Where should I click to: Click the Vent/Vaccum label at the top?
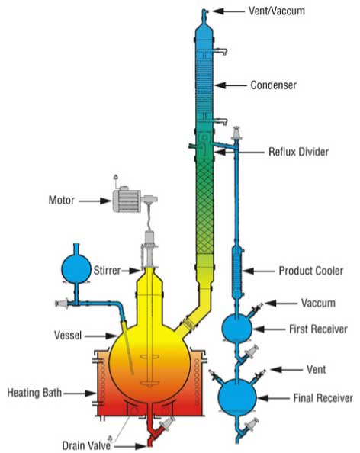(x=277, y=11)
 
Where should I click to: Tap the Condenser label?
(x=273, y=85)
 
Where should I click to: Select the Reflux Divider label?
(x=298, y=152)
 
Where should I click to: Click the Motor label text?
(x=61, y=201)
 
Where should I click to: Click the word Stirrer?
(x=107, y=271)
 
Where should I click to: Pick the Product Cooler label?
(x=311, y=271)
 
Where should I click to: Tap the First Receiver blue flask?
(x=237, y=328)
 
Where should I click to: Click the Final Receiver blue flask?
(x=237, y=397)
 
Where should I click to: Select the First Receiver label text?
(x=318, y=329)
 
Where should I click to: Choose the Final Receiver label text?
(x=323, y=398)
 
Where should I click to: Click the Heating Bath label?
(x=34, y=393)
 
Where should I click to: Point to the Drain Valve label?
(x=86, y=445)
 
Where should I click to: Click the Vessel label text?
(x=68, y=336)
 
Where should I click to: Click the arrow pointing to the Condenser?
(x=230, y=85)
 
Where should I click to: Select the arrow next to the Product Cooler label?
(x=259, y=271)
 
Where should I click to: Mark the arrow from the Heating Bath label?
(x=80, y=394)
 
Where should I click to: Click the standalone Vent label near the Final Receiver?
(x=316, y=370)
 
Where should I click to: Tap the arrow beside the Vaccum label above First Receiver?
(x=281, y=304)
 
